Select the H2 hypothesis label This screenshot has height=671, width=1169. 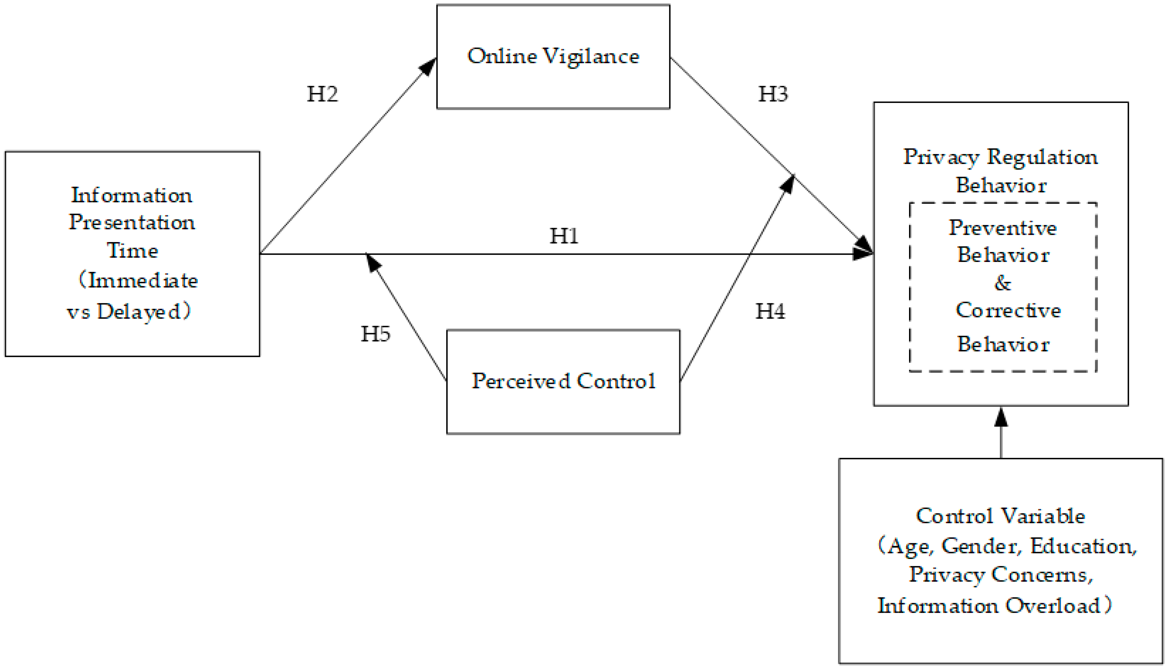[x=322, y=94]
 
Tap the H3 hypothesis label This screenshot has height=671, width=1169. [x=773, y=94]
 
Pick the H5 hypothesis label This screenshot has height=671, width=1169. [x=375, y=334]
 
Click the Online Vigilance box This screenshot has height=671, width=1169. [x=553, y=57]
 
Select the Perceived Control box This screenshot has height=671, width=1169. [x=563, y=381]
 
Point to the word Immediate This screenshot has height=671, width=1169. [x=143, y=280]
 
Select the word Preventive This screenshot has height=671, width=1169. [x=1003, y=228]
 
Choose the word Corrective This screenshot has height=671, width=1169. [x=1008, y=310]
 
